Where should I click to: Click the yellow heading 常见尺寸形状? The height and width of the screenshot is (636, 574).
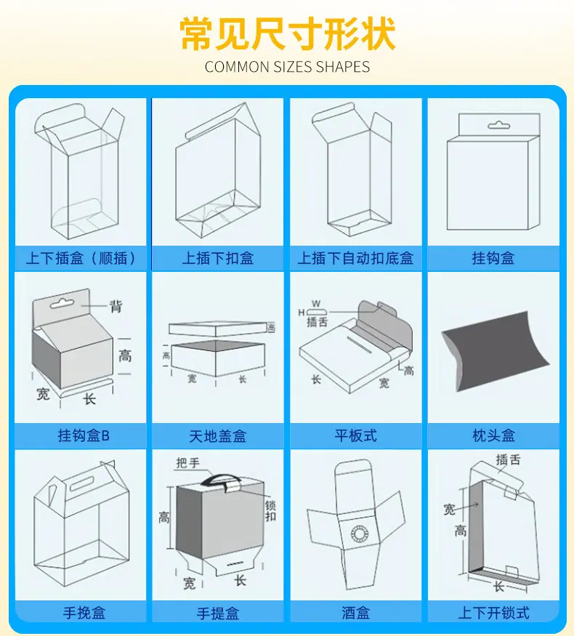click(x=288, y=34)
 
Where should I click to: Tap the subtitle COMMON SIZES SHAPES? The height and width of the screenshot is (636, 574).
click(x=288, y=67)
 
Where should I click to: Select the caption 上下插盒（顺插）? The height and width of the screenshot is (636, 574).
click(x=81, y=258)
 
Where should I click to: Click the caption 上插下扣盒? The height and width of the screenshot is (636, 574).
click(x=218, y=258)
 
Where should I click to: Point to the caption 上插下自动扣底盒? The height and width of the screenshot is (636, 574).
click(x=355, y=258)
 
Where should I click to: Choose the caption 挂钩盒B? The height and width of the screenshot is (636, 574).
click(x=84, y=435)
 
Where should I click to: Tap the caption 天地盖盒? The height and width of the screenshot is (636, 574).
click(x=218, y=435)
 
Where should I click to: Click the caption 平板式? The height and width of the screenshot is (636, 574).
click(x=355, y=435)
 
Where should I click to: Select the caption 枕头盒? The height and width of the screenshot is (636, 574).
click(x=494, y=435)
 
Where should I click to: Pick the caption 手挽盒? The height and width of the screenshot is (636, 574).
click(x=84, y=613)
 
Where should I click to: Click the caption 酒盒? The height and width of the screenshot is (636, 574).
click(x=355, y=613)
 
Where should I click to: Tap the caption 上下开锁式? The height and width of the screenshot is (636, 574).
click(x=494, y=613)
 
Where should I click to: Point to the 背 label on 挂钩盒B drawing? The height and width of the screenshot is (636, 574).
click(x=116, y=306)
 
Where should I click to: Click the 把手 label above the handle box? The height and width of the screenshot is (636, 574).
click(x=187, y=463)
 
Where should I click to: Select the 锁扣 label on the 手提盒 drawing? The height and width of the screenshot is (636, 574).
click(x=270, y=511)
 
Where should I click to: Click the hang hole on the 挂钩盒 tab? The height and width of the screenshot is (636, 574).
click(x=498, y=125)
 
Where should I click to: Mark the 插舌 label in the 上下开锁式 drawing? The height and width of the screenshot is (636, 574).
click(x=508, y=460)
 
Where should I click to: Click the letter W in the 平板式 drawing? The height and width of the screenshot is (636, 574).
click(x=316, y=303)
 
